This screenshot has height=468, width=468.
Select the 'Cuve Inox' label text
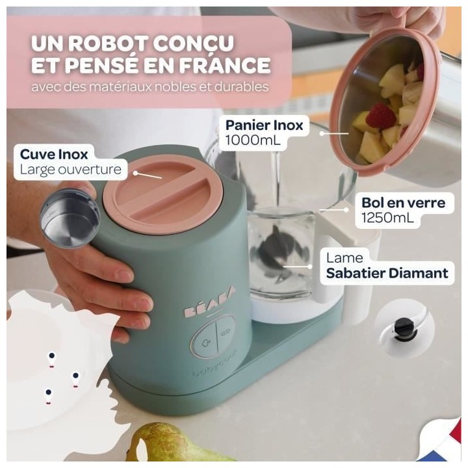(54, 154)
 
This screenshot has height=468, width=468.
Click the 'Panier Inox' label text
(265, 125)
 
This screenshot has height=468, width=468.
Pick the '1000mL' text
(251, 140)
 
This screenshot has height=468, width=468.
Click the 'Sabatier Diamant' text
(387, 272)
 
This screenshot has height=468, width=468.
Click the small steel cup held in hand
(70, 218)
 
